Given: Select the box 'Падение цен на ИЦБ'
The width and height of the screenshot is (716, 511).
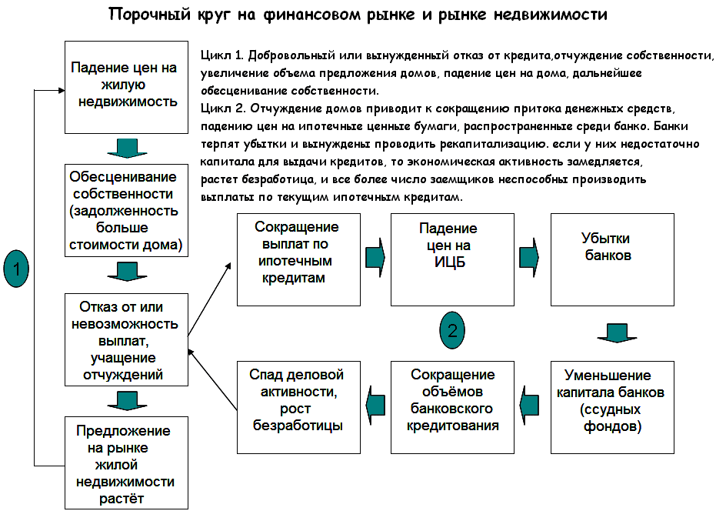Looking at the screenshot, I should (452, 259).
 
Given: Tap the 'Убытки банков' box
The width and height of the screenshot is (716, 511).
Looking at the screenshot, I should (611, 259).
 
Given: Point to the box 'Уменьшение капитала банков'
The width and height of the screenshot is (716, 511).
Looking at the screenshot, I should (611, 406).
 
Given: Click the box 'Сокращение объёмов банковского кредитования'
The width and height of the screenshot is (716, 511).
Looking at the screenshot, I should (452, 406).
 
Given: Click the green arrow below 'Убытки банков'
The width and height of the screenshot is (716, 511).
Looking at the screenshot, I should (613, 332).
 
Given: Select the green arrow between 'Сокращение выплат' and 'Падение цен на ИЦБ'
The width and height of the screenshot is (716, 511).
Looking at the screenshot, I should (375, 255).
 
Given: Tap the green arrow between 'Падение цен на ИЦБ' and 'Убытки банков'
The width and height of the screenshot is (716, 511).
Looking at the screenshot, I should (529, 255).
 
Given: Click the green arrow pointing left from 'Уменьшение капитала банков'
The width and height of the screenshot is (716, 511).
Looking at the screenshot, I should (529, 402).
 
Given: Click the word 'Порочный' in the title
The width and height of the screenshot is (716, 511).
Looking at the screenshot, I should (145, 15).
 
